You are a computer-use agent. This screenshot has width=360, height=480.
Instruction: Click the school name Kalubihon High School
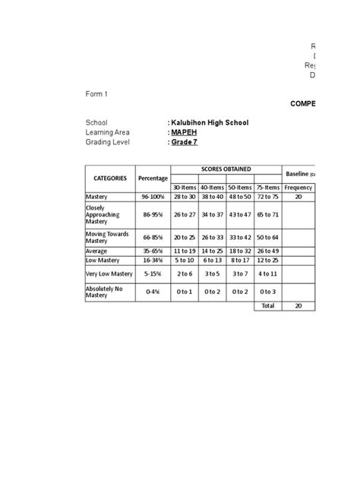[207, 122]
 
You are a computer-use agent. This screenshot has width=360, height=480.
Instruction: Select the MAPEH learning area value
[182, 131]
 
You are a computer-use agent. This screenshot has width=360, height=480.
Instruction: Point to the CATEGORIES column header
[109, 178]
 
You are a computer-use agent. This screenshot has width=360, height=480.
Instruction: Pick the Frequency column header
[298, 187]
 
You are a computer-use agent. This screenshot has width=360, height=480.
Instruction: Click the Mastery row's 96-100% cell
[153, 196]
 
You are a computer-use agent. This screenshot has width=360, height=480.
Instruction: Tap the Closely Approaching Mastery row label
[100, 215]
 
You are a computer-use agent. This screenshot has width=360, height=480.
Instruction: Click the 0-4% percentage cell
[153, 291]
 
